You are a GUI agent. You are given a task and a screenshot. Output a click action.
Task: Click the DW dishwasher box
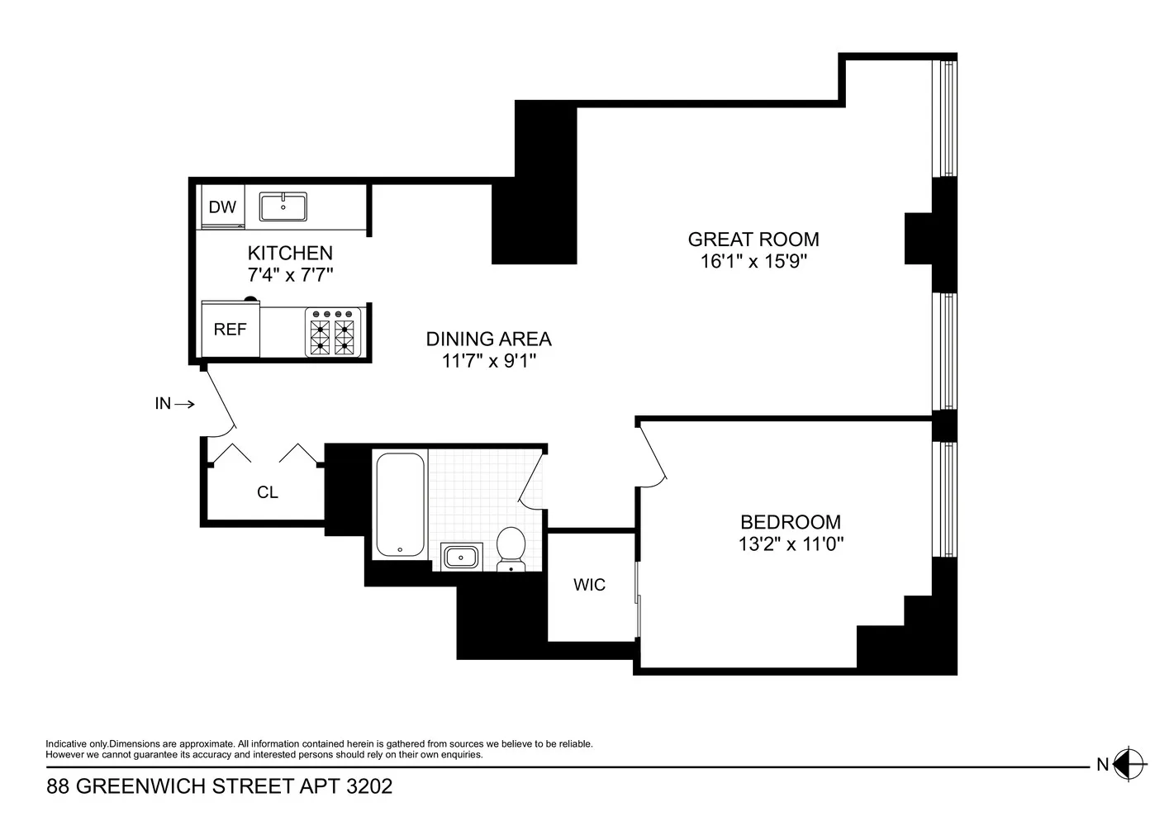coord(223,206)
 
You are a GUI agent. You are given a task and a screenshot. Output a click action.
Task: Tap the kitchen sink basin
coord(283,206)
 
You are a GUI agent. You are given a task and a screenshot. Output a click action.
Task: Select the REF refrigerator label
coord(230,330)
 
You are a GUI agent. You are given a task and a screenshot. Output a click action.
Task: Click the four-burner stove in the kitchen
coord(333,332)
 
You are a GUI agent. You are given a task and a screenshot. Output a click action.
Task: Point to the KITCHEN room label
coord(290,253)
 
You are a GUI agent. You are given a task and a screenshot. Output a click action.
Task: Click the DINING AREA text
coord(488,339)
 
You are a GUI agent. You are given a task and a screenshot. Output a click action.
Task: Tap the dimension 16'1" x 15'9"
coord(753,261)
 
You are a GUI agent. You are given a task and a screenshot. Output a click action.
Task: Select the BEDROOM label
coord(791,522)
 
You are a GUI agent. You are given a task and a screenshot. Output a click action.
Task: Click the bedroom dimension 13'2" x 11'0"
coord(791,544)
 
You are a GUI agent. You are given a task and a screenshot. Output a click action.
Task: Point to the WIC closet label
coord(590,585)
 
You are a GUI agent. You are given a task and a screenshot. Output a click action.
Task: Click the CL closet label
coord(268,492)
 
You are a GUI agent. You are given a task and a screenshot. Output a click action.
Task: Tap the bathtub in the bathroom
coord(401,505)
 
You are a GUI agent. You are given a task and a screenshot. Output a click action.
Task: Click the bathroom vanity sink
coord(461,557)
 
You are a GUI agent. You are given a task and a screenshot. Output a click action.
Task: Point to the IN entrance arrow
coord(184,403)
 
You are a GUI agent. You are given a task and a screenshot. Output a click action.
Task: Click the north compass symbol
coord(1129,764)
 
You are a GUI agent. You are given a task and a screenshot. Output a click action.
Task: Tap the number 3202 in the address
coord(369,786)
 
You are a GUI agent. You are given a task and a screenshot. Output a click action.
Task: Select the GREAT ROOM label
coord(753,239)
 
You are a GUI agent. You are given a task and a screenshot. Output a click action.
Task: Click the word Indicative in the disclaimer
coord(67,743)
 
